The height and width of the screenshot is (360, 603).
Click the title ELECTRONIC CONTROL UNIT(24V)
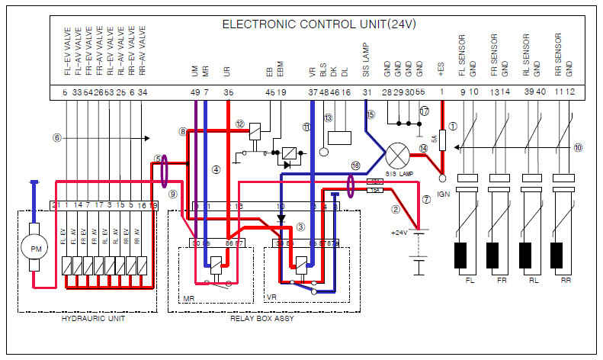click(319, 24)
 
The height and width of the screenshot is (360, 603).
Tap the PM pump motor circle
click(34, 249)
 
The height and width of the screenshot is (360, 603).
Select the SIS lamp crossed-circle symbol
click(396, 157)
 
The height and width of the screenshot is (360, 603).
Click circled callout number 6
click(56, 138)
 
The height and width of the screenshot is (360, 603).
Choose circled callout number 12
click(239, 124)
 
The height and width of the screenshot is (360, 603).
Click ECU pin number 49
click(194, 92)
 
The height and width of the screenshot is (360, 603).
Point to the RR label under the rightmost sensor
click(566, 281)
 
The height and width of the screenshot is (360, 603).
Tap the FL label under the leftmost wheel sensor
click(470, 281)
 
